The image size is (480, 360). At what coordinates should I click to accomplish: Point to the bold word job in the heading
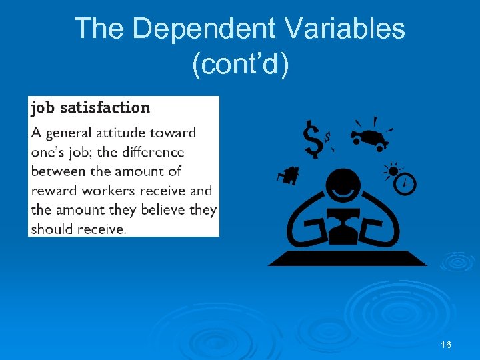[x=43, y=107]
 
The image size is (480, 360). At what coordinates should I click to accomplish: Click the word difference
[x=151, y=152]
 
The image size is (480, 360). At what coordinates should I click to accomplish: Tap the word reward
[x=55, y=191]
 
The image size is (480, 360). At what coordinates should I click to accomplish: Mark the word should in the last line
[x=54, y=229]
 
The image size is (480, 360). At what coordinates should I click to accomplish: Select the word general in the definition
[x=72, y=133]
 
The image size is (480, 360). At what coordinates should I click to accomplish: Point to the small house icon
[x=289, y=175]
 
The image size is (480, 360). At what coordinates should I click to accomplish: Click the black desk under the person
[x=347, y=258]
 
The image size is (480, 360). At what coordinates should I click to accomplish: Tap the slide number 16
[x=446, y=345]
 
